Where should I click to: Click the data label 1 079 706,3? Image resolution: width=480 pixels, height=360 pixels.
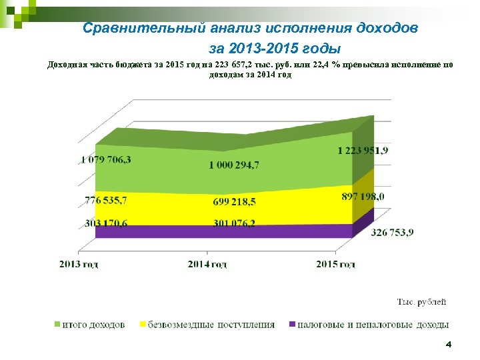(x=106, y=160)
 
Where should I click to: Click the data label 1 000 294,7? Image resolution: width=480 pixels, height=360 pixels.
(x=234, y=165)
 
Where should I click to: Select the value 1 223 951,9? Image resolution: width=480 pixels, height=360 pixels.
(x=363, y=151)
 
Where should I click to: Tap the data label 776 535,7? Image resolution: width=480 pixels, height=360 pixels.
(x=107, y=200)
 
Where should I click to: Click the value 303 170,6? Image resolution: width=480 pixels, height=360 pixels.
(x=106, y=223)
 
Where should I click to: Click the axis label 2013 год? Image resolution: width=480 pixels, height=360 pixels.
(x=79, y=265)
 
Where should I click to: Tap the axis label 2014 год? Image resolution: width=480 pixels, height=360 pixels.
(x=207, y=265)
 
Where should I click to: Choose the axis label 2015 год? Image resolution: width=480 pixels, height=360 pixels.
(x=336, y=265)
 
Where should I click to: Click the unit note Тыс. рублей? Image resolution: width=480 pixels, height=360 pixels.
(x=422, y=302)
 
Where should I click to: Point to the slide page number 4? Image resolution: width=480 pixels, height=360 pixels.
(x=449, y=345)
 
